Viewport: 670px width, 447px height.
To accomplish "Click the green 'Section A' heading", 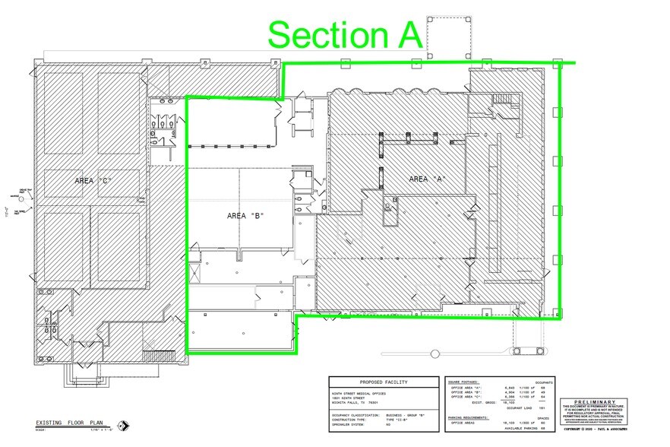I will tap(344, 36).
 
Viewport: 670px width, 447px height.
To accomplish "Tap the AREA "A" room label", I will tap(426, 179).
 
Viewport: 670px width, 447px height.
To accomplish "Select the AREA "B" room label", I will tap(245, 216).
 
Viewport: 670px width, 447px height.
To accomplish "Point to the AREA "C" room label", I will tap(90, 181).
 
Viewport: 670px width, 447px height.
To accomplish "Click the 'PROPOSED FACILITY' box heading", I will tap(384, 382).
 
